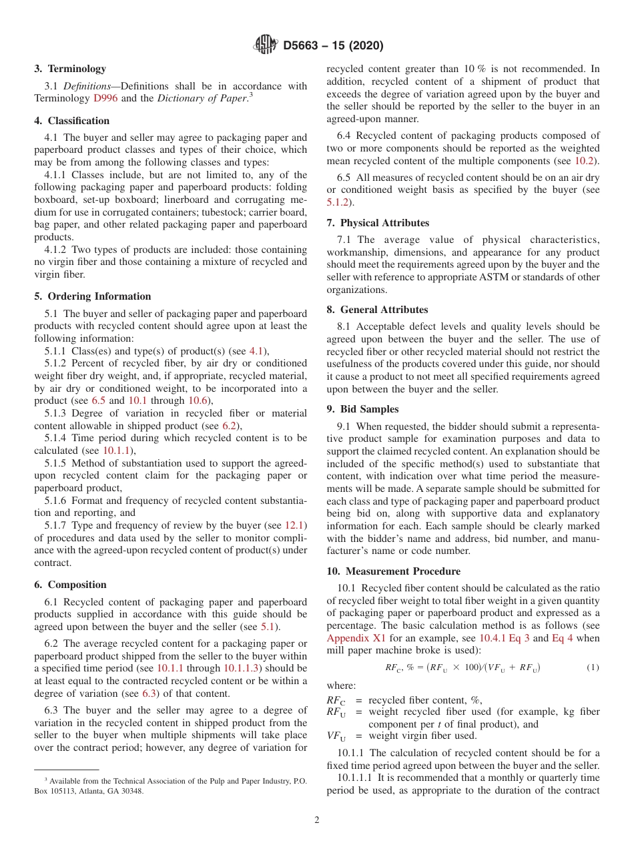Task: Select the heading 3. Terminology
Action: coord(70,69)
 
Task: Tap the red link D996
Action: coord(105,98)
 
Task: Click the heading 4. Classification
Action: coord(72,121)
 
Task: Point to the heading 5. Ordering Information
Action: coord(93,296)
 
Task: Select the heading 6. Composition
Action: coord(70,585)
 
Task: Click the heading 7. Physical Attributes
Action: coord(378,223)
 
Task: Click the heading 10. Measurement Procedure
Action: coord(393,571)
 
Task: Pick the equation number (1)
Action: coord(593,667)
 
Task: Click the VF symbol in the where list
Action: coord(336,737)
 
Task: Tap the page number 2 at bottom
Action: coord(317,820)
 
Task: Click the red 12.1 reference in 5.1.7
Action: coord(296,525)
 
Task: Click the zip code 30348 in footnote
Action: coord(131,792)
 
